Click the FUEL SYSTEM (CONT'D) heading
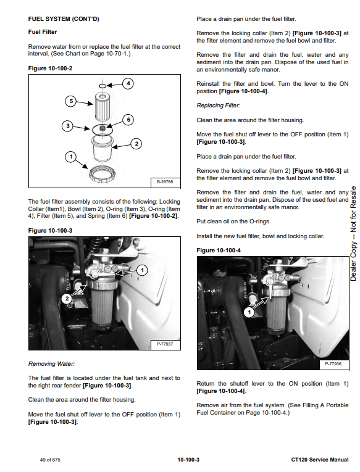(64, 19)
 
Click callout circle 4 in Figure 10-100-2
(128, 83)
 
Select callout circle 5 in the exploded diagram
(71, 101)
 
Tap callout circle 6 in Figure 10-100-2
(128, 120)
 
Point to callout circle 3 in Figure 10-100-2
(67, 126)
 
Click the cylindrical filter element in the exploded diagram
(102, 107)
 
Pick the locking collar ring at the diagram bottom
(102, 174)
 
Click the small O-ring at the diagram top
(103, 86)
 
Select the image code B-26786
(165, 182)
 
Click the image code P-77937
(165, 344)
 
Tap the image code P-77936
(333, 363)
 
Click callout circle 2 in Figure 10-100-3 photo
(67, 299)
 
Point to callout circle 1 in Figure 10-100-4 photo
(249, 312)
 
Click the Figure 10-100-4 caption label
(219, 250)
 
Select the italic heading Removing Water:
(51, 364)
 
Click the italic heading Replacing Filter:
(219, 106)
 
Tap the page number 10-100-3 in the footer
(188, 460)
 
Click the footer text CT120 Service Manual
(320, 460)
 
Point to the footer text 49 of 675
(50, 460)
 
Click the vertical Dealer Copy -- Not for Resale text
(353, 234)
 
